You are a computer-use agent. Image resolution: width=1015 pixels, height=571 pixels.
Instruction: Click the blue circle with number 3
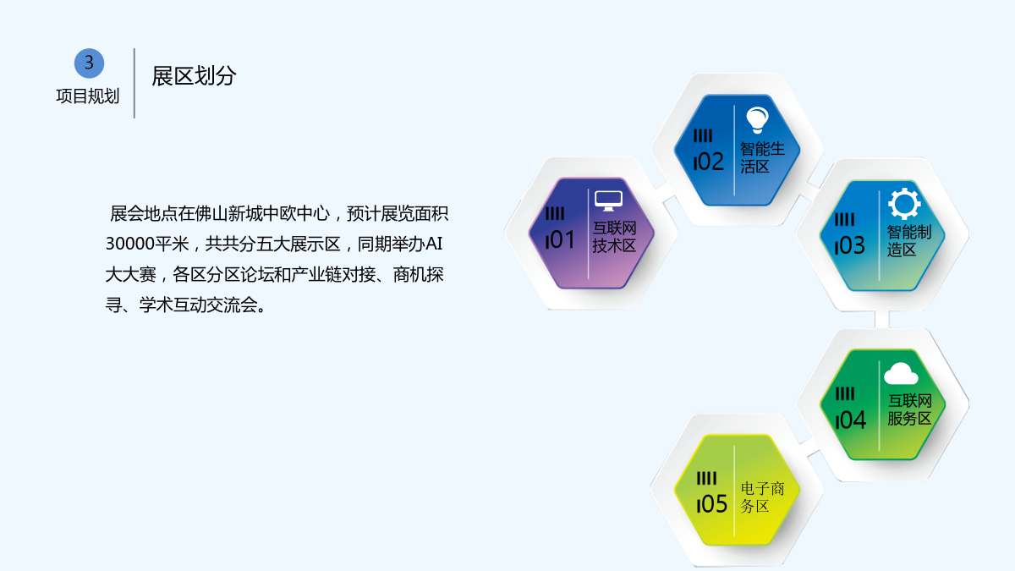[90, 63]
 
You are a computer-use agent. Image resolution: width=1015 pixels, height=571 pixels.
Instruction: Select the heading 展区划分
[194, 75]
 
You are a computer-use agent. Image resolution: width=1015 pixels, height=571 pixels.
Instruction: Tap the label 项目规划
[87, 96]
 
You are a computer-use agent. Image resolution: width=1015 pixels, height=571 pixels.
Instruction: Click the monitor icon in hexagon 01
[608, 200]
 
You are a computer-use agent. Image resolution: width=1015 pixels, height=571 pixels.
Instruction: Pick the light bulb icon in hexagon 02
[757, 120]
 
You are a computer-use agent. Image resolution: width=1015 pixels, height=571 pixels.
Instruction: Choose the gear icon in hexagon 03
[904, 204]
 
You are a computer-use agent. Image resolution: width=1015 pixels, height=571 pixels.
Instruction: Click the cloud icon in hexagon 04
[901, 374]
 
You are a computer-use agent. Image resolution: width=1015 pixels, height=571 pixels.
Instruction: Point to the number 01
[560, 239]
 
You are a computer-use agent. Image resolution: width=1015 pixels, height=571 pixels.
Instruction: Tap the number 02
[708, 162]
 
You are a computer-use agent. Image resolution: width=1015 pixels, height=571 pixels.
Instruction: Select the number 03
[849, 245]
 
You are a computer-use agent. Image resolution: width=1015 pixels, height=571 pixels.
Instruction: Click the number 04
[851, 420]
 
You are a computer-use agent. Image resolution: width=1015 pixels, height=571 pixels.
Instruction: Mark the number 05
[712, 504]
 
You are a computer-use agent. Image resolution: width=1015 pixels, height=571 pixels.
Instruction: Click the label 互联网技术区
[614, 237]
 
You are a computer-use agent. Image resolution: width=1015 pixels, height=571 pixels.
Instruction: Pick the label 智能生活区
[762, 157]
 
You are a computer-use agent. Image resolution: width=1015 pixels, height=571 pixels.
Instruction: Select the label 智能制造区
[909, 240]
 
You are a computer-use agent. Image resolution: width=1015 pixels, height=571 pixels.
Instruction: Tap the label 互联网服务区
[909, 409]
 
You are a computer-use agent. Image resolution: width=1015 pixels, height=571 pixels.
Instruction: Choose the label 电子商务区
[762, 497]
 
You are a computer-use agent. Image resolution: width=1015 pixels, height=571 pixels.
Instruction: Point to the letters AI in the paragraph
[434, 244]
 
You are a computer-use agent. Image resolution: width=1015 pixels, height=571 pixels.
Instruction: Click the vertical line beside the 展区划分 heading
[134, 83]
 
